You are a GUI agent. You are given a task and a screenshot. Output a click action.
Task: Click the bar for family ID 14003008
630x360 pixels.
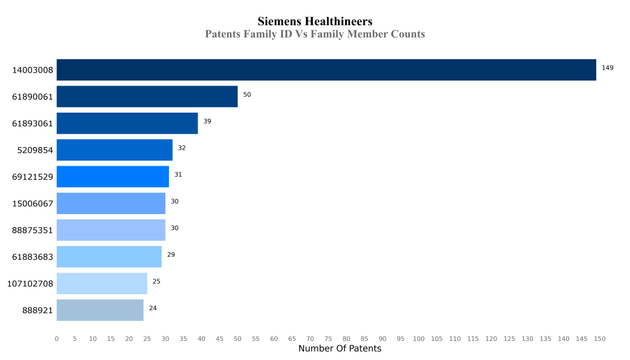tap(326, 70)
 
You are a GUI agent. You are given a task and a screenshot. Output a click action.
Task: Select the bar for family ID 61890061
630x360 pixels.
tap(147, 97)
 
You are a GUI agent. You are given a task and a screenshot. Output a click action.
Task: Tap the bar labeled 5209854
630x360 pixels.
tap(114, 150)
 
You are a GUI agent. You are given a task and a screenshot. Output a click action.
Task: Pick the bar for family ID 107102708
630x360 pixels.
tap(102, 284)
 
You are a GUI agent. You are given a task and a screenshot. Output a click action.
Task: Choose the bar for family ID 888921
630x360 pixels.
tap(100, 310)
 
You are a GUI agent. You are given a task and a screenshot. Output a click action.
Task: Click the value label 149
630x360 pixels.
tap(608, 68)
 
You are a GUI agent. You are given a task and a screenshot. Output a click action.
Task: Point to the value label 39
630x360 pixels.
tap(207, 121)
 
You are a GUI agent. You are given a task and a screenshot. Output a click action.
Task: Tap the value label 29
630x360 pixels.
tap(171, 255)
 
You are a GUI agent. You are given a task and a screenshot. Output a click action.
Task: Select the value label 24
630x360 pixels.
tap(153, 308)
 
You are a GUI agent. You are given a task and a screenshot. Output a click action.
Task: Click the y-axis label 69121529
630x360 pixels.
tap(33, 177)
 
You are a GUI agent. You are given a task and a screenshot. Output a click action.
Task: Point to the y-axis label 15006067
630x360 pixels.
tap(33, 204)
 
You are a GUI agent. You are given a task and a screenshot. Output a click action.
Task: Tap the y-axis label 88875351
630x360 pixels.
tap(33, 231)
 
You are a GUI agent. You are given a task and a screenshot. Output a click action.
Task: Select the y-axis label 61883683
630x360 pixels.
tap(33, 257)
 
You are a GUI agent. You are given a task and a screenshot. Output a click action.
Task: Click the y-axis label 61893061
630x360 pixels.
tap(33, 124)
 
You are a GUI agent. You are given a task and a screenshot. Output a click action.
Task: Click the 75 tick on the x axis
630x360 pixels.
tap(329, 339)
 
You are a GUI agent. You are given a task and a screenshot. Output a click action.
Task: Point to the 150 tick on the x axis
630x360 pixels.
tap(600, 339)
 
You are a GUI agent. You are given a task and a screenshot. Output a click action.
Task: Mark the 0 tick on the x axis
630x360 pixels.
tap(57, 339)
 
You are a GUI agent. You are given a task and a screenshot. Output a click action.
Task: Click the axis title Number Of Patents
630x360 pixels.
tap(340, 349)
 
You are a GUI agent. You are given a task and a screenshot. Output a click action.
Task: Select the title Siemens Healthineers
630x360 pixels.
tap(315, 22)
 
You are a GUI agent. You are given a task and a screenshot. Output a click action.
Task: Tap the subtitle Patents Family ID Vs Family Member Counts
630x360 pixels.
tap(315, 34)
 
